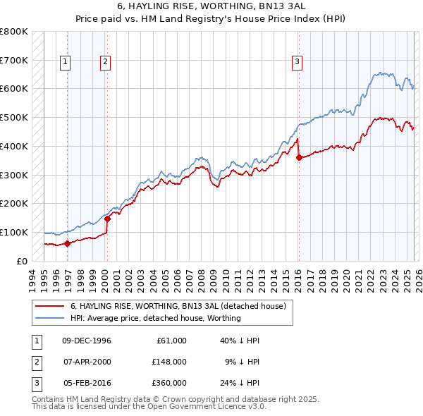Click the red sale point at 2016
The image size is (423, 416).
pyautogui.click(x=299, y=157)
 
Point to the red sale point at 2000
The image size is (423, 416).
pyautogui.click(x=107, y=219)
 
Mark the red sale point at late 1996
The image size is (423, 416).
pyautogui.click(x=68, y=243)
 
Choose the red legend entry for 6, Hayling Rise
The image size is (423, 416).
pyautogui.click(x=177, y=307)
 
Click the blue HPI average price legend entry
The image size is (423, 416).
pyautogui.click(x=155, y=318)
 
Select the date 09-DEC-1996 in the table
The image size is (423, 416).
pyautogui.click(x=87, y=341)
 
